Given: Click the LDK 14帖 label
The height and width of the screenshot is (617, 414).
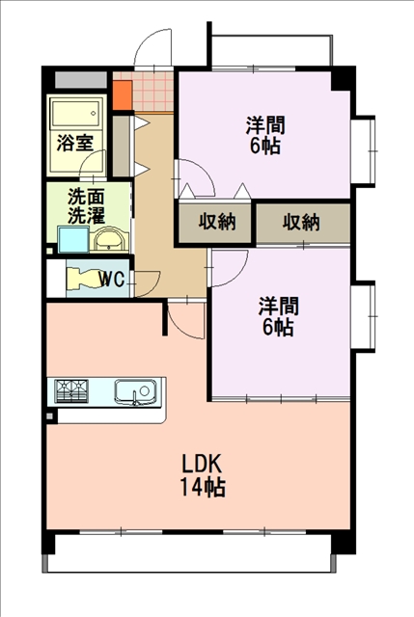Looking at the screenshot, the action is (203, 475).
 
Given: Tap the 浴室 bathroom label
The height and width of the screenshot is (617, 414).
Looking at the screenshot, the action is (75, 143).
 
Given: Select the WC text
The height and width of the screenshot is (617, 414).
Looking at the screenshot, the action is (112, 280).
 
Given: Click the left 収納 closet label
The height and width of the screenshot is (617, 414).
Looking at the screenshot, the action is (217, 223).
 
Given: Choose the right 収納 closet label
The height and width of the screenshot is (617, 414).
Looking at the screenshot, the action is (301, 223).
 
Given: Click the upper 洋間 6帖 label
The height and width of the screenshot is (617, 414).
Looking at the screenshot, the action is (265, 135).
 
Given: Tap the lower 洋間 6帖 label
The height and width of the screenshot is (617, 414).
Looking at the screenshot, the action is (278, 316).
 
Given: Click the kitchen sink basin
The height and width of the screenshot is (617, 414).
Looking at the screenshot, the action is (135, 391).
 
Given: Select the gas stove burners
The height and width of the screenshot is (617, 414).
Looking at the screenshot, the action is (71, 390).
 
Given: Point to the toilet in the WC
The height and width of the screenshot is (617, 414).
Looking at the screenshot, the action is (85, 279).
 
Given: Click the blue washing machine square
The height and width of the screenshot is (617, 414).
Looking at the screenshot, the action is (73, 240).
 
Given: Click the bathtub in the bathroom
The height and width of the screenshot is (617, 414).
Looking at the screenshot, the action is (75, 114).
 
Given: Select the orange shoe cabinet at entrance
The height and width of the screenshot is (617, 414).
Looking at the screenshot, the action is (123, 95).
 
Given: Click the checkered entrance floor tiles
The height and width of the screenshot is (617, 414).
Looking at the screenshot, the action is (152, 92).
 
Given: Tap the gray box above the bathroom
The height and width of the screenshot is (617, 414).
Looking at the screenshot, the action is (81, 80).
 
